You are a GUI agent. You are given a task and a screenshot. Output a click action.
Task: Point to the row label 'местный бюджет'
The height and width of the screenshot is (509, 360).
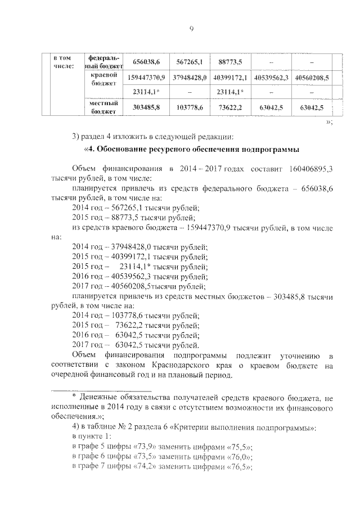[x=102, y=107]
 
